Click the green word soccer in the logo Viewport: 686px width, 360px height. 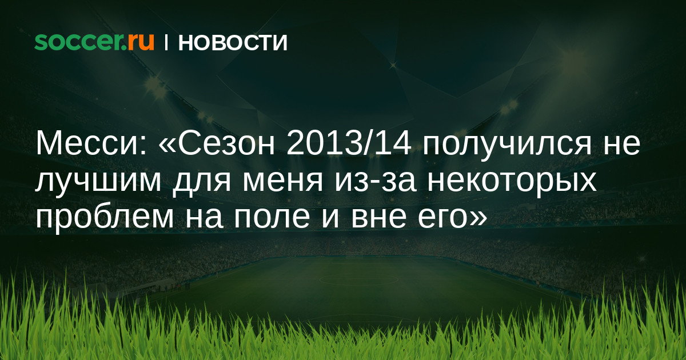[80, 42]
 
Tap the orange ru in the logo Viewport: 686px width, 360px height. [141, 42]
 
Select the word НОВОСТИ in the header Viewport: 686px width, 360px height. [233, 42]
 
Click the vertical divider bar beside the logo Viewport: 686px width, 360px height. [166, 42]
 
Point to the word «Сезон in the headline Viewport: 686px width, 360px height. [217, 143]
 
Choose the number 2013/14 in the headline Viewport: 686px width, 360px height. [349, 143]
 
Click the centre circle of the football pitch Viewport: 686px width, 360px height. [359, 279]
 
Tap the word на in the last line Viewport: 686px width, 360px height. [204, 219]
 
